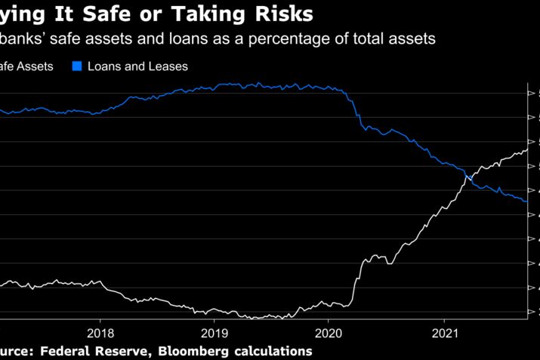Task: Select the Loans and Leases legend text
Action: [x=137, y=66]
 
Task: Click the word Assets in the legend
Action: [x=34, y=66]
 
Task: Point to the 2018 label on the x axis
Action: [x=100, y=332]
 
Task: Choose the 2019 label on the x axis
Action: [x=214, y=332]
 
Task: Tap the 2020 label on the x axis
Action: [x=329, y=332]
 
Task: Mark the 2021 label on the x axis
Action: [x=444, y=332]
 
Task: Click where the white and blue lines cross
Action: [x=468, y=177]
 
